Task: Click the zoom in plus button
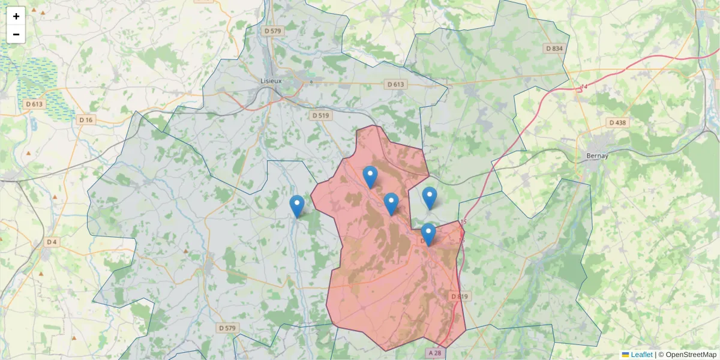coord(16,16)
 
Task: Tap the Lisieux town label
coord(271,80)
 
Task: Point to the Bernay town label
coord(597,155)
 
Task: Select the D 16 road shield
coord(86,120)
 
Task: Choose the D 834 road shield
coord(554,48)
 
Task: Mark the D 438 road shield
coord(617,122)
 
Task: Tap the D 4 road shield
coord(53,242)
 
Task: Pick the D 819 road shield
coord(460,296)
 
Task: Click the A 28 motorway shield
coord(436,353)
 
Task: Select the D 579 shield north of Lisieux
coord(273,30)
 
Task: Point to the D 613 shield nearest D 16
coord(35,104)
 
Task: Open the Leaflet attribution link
coord(641,355)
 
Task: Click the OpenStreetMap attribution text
coord(691,355)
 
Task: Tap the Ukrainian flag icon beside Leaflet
coord(625,355)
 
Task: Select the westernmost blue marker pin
coord(297,205)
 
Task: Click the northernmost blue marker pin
coord(370,176)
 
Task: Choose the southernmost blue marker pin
coord(428,234)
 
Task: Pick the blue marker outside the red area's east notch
coord(430,197)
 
